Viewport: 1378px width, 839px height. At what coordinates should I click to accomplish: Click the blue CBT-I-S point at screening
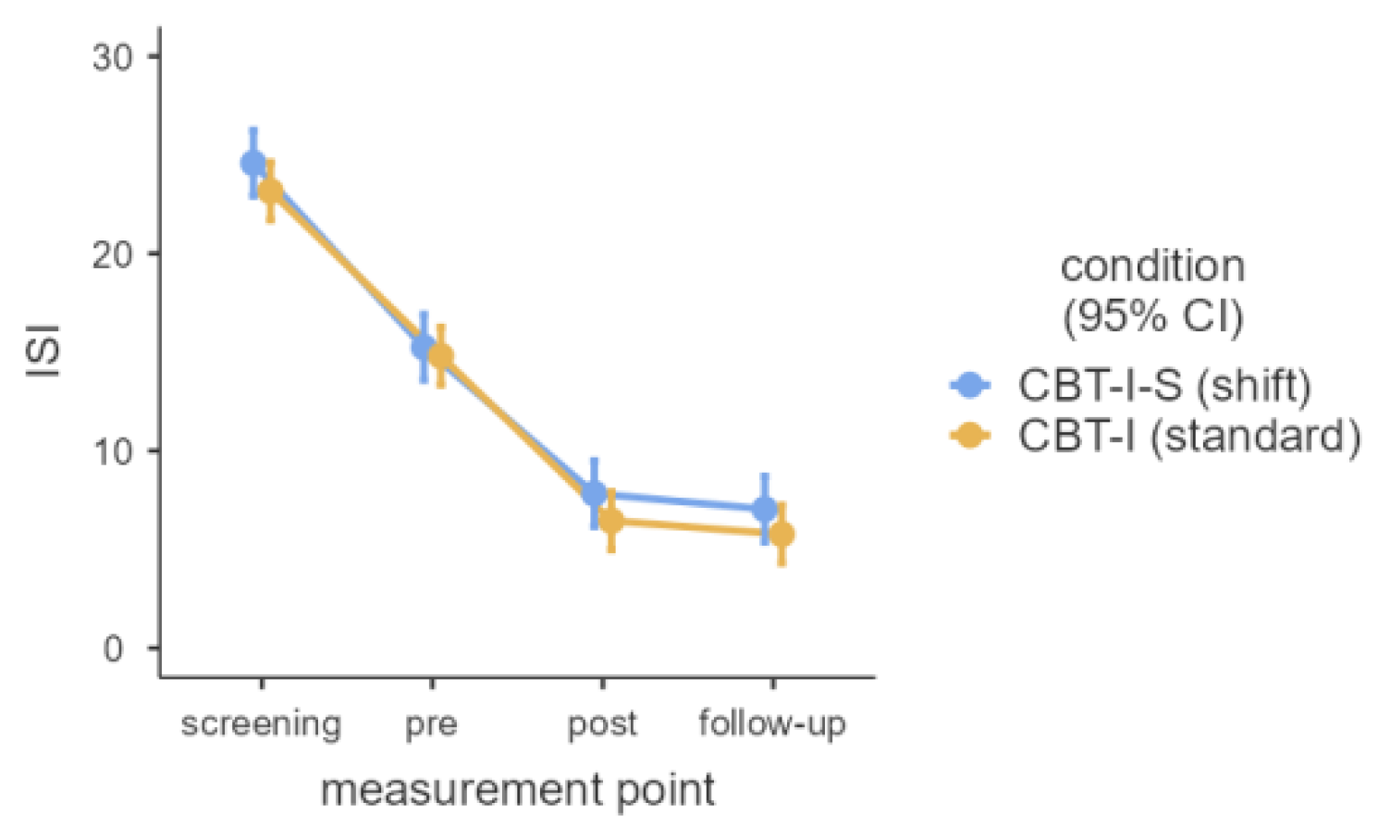point(253,164)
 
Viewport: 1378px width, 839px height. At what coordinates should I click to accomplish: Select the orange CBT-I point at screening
point(270,191)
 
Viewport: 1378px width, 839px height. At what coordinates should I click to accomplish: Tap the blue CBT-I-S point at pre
point(424,347)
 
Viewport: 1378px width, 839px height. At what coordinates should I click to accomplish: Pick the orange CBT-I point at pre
point(440,356)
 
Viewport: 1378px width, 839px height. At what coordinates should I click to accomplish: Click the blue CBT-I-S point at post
point(595,493)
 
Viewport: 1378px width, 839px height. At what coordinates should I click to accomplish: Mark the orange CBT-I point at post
point(611,521)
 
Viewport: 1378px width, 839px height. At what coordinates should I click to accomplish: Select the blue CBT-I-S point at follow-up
point(765,509)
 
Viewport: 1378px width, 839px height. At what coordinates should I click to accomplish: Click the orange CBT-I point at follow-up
point(781,534)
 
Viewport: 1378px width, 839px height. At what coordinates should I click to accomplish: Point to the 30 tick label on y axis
point(113,57)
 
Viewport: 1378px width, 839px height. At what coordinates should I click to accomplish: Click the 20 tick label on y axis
point(113,254)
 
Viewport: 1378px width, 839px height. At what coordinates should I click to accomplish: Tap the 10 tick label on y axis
point(113,451)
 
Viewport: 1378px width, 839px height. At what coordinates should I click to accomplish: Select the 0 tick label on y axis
point(113,648)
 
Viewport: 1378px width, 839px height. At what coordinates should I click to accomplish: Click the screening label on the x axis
point(261,723)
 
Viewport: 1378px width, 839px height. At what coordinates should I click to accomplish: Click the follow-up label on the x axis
point(772,723)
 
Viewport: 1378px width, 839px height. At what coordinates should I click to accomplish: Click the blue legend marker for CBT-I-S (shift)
point(970,385)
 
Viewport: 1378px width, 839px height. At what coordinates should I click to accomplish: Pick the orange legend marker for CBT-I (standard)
point(970,435)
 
